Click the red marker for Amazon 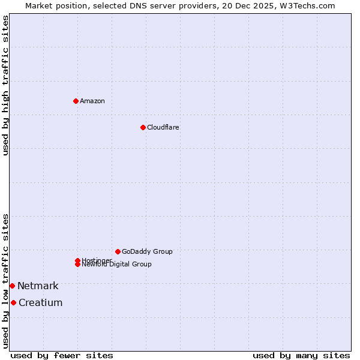point(76,101)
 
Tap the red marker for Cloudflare point(143,127)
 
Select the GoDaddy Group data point point(118,251)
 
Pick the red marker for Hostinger point(77,260)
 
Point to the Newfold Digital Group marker point(77,264)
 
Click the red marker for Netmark point(12,286)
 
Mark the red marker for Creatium point(13,302)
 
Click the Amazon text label point(92,101)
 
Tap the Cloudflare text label point(163,127)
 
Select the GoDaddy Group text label point(147,251)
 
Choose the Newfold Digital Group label point(117,265)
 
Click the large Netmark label point(38,286)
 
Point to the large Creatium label point(40,302)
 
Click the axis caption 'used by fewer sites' point(62,355)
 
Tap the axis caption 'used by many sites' point(301,355)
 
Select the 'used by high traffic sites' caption point(5,85)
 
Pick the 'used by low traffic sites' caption point(5,280)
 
